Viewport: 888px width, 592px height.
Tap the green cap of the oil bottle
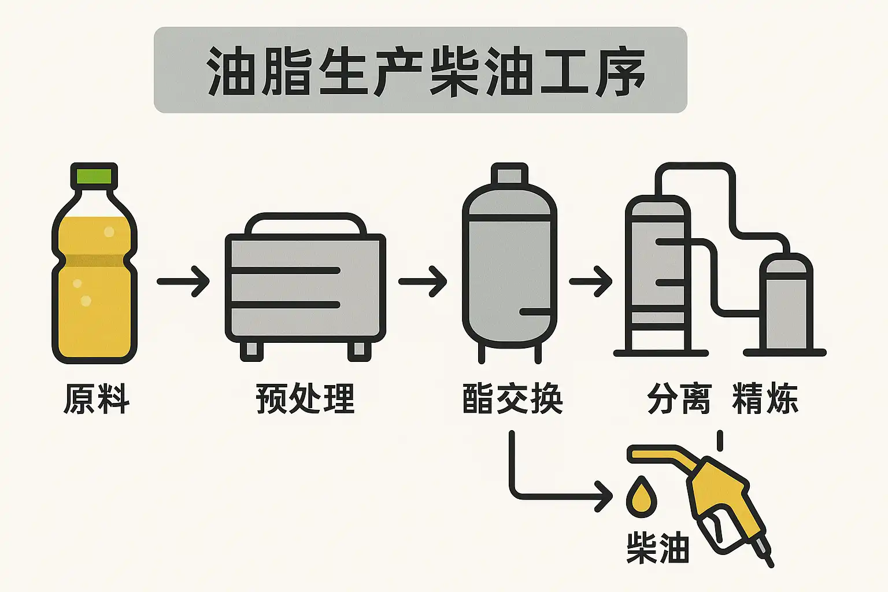point(94,175)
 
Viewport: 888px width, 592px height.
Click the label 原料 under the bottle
point(96,399)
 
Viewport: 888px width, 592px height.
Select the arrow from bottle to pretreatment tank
point(183,282)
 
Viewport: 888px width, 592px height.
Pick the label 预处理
point(305,399)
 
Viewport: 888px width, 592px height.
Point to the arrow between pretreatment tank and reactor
point(423,282)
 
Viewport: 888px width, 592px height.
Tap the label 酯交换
point(512,399)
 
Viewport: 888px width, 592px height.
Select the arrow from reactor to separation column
point(591,282)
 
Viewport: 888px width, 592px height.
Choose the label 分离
point(679,399)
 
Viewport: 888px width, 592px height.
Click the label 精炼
point(765,399)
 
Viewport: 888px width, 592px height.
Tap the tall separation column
point(658,272)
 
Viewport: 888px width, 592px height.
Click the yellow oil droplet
point(642,496)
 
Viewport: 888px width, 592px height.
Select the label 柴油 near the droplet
point(658,548)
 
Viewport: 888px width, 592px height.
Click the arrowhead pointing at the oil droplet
point(605,496)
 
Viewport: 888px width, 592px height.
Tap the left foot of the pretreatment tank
point(251,350)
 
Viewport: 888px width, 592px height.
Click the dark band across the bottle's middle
point(94,260)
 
